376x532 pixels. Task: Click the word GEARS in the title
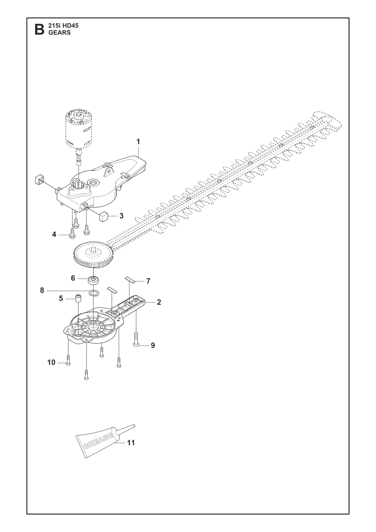(x=60, y=33)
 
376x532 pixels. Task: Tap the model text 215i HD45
(x=63, y=26)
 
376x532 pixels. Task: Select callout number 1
(x=138, y=142)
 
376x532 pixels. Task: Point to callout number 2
(x=159, y=302)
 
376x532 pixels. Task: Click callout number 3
(x=121, y=216)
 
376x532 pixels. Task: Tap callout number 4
(x=54, y=234)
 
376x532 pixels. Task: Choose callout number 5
(x=61, y=298)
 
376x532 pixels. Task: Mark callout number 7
(x=148, y=281)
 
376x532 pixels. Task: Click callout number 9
(x=153, y=345)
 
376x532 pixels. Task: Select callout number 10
(x=51, y=362)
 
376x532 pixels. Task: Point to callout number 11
(x=131, y=443)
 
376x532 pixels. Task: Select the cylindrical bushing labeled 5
(x=79, y=298)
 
